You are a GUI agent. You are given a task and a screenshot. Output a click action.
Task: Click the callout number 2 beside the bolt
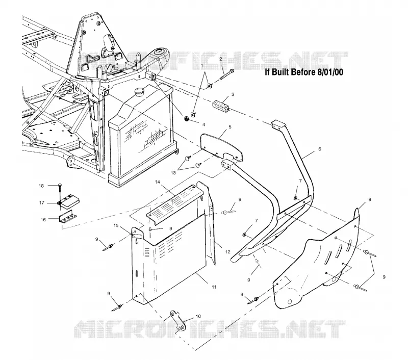click(x=221, y=59)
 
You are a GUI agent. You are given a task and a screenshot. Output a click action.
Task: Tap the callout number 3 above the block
click(x=233, y=94)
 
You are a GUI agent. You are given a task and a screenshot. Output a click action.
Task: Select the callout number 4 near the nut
click(x=203, y=125)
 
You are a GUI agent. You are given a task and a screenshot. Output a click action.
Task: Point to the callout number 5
click(x=230, y=127)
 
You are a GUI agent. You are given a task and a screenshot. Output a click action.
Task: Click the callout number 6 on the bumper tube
click(x=320, y=149)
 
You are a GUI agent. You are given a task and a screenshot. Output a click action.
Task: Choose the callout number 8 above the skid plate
click(x=370, y=199)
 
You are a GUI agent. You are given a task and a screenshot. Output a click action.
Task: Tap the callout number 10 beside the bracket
click(x=198, y=316)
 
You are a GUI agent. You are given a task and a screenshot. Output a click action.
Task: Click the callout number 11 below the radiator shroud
click(x=214, y=287)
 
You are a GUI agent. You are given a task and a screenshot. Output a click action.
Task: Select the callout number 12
click(x=227, y=252)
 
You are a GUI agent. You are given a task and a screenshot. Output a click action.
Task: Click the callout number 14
click(x=158, y=182)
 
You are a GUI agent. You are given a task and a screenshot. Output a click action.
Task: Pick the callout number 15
click(x=116, y=225)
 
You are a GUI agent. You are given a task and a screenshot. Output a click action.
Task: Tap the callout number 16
click(x=43, y=220)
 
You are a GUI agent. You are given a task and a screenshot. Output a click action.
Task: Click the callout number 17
click(x=42, y=202)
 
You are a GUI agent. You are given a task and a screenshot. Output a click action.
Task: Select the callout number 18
click(x=41, y=186)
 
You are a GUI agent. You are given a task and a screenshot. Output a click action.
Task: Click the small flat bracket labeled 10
click(x=177, y=320)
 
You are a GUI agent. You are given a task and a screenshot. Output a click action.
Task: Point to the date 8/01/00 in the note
click(x=330, y=72)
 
